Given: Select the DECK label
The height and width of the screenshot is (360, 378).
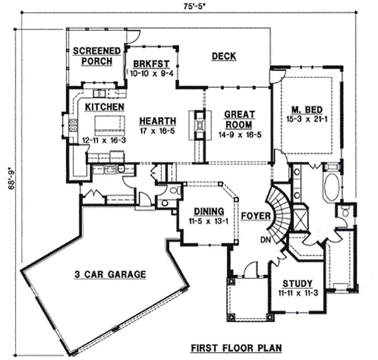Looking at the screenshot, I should [x=223, y=56].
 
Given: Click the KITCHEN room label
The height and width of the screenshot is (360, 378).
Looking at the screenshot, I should [x=105, y=106].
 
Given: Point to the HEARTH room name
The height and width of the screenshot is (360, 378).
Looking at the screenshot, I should [x=158, y=120].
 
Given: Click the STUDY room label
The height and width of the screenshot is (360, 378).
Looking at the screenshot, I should [x=297, y=283].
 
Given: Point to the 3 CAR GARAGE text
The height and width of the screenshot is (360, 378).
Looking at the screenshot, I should [x=110, y=274].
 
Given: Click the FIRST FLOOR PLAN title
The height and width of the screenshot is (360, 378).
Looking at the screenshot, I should [x=235, y=347].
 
